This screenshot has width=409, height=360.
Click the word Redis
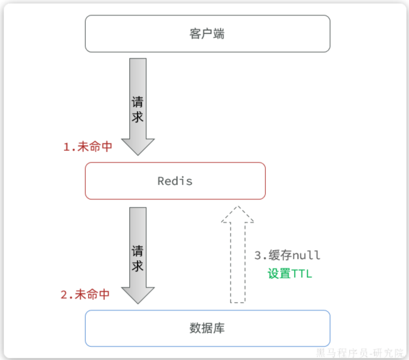175,181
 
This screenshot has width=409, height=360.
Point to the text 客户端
207,34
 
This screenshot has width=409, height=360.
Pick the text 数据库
207,328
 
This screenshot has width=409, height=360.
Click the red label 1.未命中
88,147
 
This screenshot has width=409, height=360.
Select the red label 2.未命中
85,295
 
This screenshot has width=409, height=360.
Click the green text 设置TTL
290,273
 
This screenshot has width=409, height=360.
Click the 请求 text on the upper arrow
138,109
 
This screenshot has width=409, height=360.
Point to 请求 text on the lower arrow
138,259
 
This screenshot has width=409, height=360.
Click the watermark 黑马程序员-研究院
360,353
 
